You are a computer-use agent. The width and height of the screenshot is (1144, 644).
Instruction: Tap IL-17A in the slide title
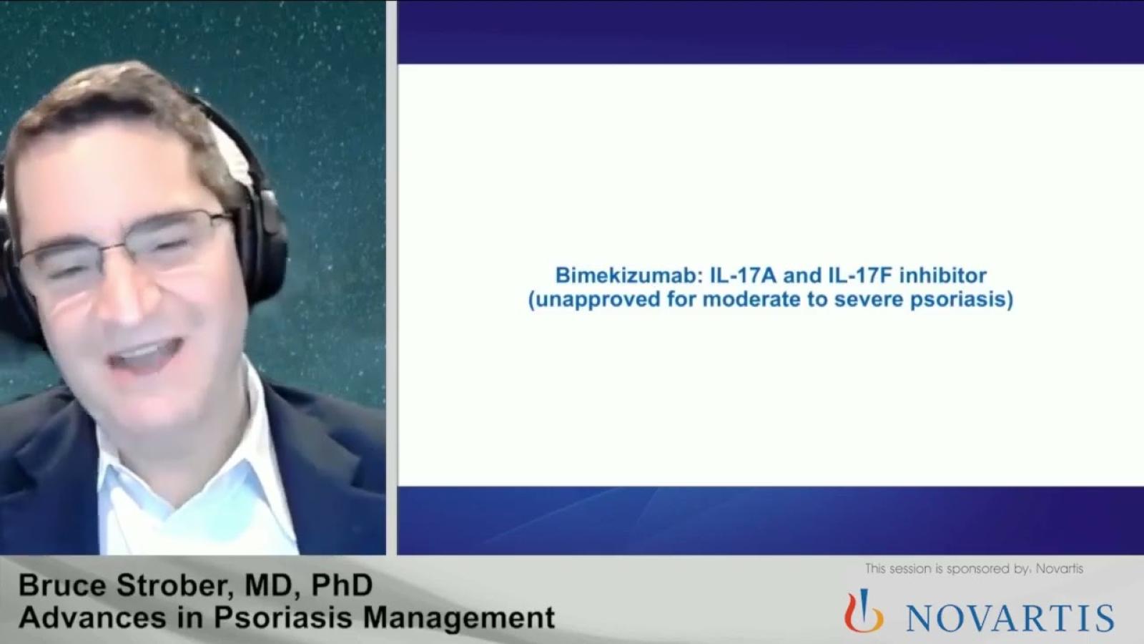pos(744,275)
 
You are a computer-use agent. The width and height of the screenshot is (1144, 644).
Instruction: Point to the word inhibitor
pos(943,275)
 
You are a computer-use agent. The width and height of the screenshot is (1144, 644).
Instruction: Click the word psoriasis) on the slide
pos(962,300)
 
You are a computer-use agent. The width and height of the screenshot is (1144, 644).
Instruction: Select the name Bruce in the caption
pos(64,585)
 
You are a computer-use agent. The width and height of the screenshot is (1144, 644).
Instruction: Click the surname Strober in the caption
pos(174,586)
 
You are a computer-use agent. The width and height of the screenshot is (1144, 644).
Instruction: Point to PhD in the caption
pos(342,585)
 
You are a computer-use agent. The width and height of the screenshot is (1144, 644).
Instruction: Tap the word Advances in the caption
pos(92,617)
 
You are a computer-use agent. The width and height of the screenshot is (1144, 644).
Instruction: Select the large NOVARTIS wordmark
pos(1010,618)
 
